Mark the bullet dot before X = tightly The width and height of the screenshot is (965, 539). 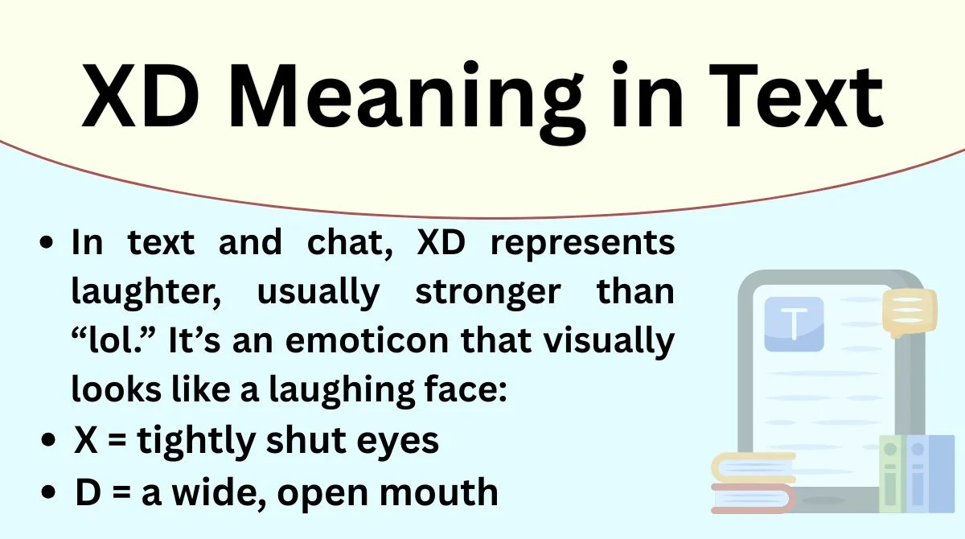51,441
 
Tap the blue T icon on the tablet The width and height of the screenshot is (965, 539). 794,323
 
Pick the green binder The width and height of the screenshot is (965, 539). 892,475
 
